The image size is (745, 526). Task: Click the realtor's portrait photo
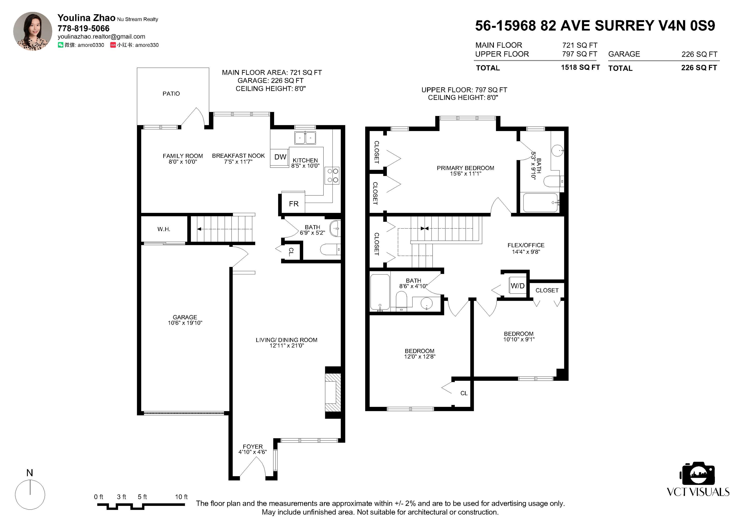tap(32, 31)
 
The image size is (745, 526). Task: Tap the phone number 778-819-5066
tap(83, 29)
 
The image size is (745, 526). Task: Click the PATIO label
tap(171, 94)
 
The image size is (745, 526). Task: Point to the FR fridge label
tap(294, 204)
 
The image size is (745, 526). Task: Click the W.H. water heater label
tap(164, 229)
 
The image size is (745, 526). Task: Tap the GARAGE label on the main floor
tap(185, 317)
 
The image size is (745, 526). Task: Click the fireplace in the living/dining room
tap(333, 393)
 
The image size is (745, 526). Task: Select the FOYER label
tap(253, 447)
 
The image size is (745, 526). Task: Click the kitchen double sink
tap(305, 138)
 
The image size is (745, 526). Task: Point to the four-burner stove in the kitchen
tap(332, 175)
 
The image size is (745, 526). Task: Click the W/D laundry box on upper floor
tap(517, 286)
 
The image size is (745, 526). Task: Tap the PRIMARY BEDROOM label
tap(465, 168)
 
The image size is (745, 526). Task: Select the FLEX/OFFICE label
tap(526, 245)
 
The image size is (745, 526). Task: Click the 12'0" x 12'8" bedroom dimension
tap(420, 356)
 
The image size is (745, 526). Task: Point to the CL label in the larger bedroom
tap(464, 393)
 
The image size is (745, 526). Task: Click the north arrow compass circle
tap(30, 495)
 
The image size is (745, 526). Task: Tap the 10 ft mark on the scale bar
tap(181, 497)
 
